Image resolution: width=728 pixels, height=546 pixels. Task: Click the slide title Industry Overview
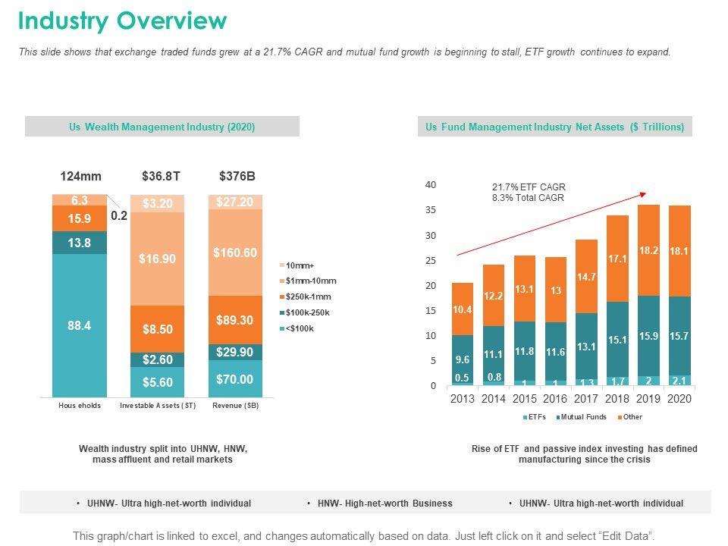tap(122, 21)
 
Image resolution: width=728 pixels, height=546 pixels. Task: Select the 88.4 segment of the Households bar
tap(80, 325)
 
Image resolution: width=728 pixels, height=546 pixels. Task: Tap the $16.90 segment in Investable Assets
tap(158, 259)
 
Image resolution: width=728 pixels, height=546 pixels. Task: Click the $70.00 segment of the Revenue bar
tap(235, 379)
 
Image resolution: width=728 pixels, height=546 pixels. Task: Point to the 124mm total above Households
tap(80, 177)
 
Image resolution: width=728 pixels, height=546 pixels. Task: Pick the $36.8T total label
tap(161, 177)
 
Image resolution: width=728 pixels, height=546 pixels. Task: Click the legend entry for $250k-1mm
tap(306, 297)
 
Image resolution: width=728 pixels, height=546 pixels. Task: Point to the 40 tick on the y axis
tap(431, 185)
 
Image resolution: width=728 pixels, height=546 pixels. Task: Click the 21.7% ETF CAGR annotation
tap(529, 187)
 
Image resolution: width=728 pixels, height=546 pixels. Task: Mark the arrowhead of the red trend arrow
tap(645, 194)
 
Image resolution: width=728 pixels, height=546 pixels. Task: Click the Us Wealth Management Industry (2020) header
tap(162, 127)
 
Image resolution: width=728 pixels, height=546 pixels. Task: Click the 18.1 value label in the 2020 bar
tap(679, 250)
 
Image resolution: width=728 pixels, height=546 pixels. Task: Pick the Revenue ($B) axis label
tap(235, 406)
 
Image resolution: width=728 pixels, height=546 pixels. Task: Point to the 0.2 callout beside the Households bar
tap(119, 215)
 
